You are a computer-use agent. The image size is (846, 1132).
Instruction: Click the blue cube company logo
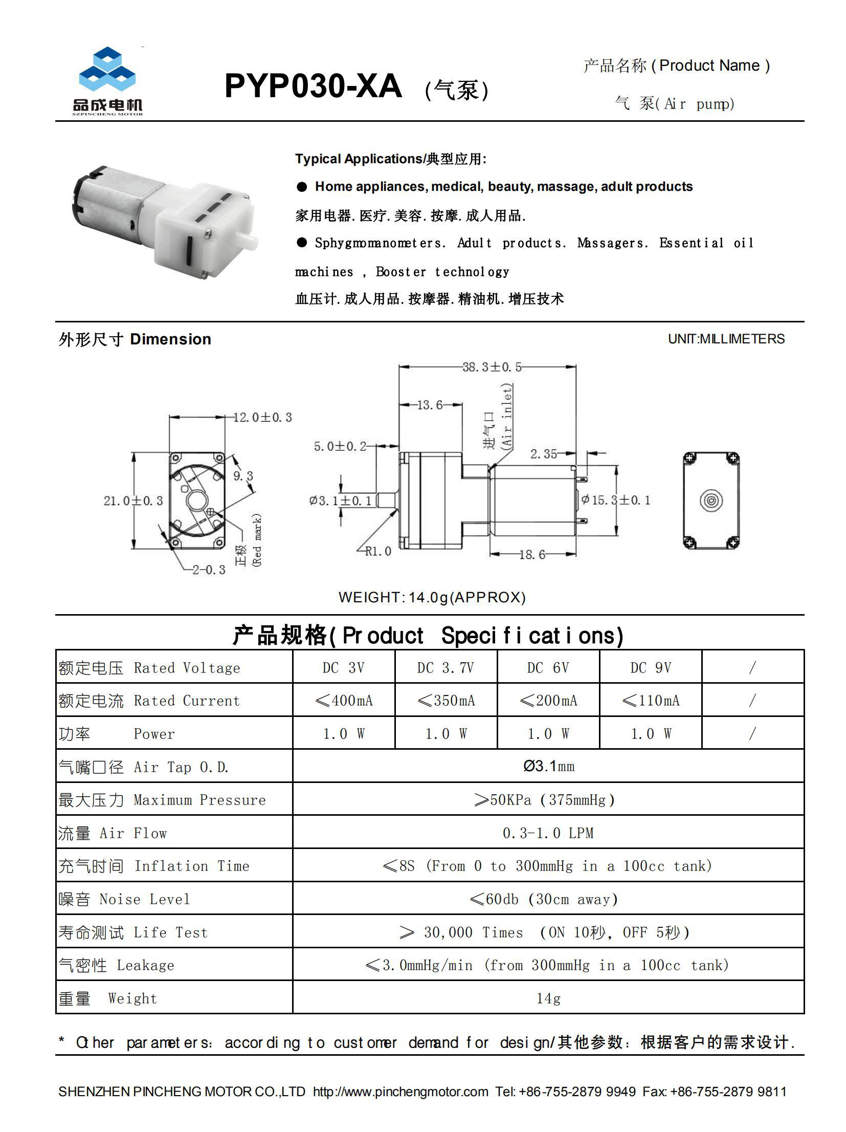click(x=107, y=72)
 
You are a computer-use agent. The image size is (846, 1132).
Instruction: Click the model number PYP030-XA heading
click(x=313, y=86)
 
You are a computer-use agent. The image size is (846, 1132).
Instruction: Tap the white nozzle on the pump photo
click(x=250, y=242)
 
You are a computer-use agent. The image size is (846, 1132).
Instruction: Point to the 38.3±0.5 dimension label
click(x=492, y=367)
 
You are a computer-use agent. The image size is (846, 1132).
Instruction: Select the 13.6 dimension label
click(x=430, y=405)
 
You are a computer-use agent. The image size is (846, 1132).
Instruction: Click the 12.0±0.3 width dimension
click(x=262, y=418)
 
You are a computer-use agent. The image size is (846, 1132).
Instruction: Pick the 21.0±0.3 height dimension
click(x=133, y=500)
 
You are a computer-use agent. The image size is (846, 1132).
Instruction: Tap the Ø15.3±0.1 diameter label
click(x=616, y=500)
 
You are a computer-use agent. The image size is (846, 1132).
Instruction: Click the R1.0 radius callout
click(x=378, y=551)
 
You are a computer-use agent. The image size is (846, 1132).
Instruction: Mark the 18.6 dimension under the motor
click(x=532, y=555)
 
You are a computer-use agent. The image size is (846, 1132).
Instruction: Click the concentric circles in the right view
click(x=710, y=500)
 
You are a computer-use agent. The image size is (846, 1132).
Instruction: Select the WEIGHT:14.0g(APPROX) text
click(x=432, y=597)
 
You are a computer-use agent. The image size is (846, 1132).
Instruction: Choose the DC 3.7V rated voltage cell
click(x=446, y=668)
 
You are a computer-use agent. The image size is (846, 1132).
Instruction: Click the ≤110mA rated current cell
click(x=650, y=701)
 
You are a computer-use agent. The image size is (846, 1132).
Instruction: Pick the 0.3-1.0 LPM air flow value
click(x=548, y=833)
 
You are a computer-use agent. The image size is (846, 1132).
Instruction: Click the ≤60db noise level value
click(x=544, y=899)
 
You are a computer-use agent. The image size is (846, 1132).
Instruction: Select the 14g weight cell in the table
click(x=548, y=998)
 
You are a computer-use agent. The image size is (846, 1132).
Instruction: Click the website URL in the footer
click(x=400, y=1092)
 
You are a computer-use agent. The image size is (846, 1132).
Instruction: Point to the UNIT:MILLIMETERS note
click(x=726, y=339)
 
